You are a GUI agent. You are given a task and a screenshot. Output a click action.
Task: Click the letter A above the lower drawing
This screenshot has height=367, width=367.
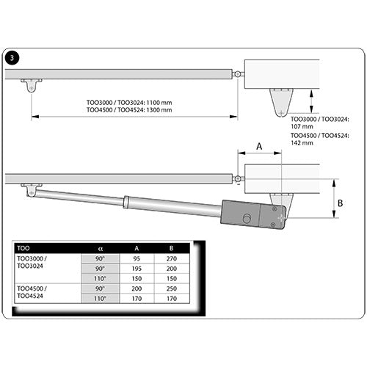258,146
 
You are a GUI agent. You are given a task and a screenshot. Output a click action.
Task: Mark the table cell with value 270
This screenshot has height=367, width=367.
172,259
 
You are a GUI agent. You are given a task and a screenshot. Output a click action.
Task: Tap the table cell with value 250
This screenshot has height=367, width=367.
172,288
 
